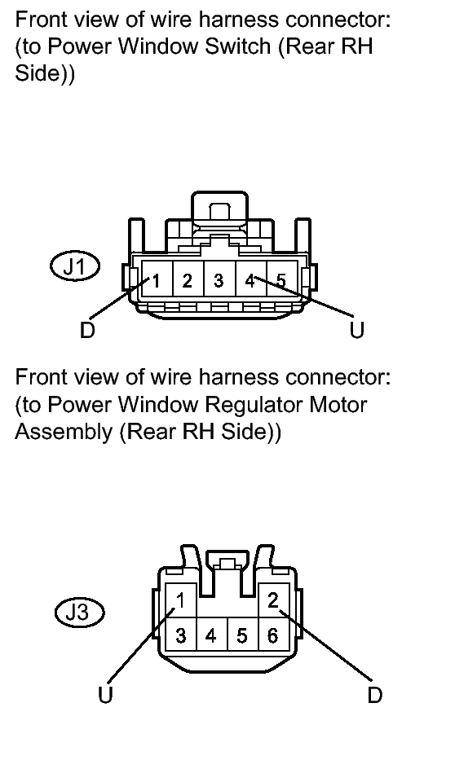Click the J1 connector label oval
[x=75, y=267]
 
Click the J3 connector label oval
[x=79, y=612]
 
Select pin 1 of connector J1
[x=157, y=280]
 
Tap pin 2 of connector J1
[x=188, y=280]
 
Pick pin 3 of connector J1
[x=219, y=280]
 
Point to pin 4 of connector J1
[x=250, y=280]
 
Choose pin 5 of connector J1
[x=281, y=280]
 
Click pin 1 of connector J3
[x=181, y=600]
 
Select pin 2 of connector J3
[x=273, y=600]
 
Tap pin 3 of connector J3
[x=181, y=635]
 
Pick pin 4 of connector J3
[x=212, y=635]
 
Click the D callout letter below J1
[x=87, y=330]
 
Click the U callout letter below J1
[x=357, y=330]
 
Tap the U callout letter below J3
[x=105, y=694]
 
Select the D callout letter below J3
[x=374, y=694]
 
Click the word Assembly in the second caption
[x=64, y=432]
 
